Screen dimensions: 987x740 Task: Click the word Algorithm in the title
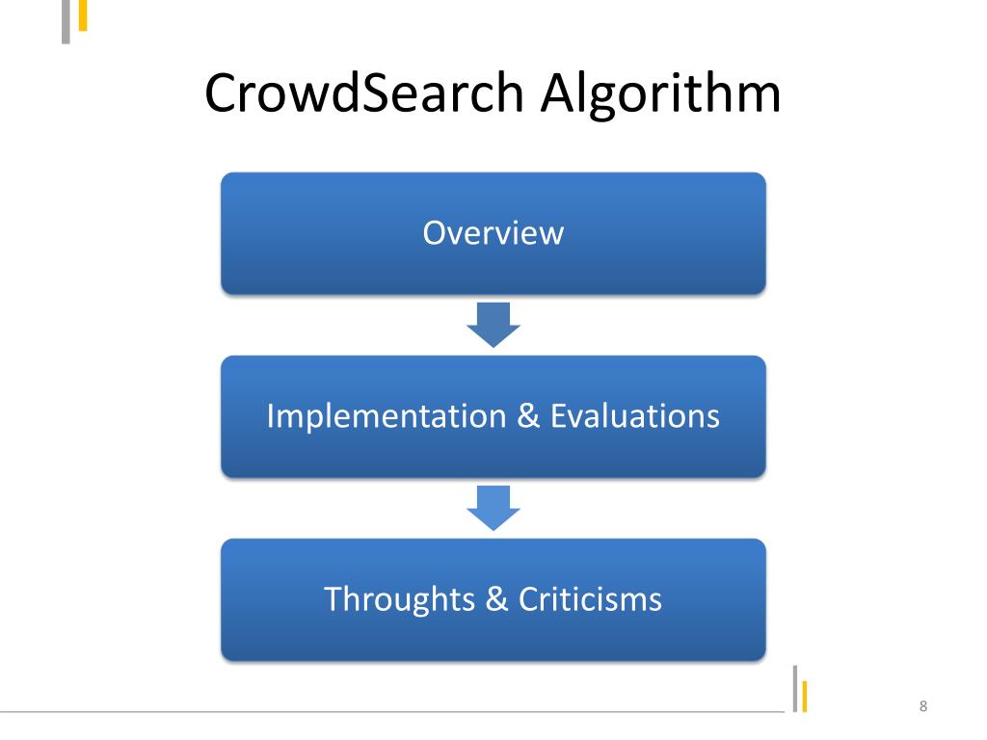pyautogui.click(x=659, y=94)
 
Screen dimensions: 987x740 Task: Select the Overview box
pyautogui.click(x=493, y=270)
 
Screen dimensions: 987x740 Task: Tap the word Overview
pyautogui.click(x=493, y=233)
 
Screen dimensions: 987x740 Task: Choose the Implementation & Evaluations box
pyautogui.click(x=493, y=453)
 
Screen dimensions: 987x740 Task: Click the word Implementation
pyautogui.click(x=386, y=416)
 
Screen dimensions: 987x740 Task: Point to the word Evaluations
pyautogui.click(x=635, y=416)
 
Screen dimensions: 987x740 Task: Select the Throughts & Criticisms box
pyautogui.click(x=493, y=636)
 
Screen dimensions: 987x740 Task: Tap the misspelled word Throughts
pyautogui.click(x=400, y=599)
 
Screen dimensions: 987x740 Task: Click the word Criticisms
pyautogui.click(x=590, y=599)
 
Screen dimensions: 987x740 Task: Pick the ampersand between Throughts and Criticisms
pyautogui.click(x=497, y=599)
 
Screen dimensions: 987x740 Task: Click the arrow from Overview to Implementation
pyautogui.click(x=493, y=325)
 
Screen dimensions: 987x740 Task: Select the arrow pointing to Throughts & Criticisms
pyautogui.click(x=493, y=508)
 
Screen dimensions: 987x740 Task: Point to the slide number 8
pyautogui.click(x=923, y=708)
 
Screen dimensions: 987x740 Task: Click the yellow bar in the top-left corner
pyautogui.click(x=83, y=14)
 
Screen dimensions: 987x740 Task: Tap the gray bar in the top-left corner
pyautogui.click(x=67, y=21)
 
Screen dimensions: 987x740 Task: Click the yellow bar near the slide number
pyautogui.click(x=804, y=697)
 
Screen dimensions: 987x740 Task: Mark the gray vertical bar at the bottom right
pyautogui.click(x=795, y=688)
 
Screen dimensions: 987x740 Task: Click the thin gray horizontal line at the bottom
pyautogui.click(x=386, y=713)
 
